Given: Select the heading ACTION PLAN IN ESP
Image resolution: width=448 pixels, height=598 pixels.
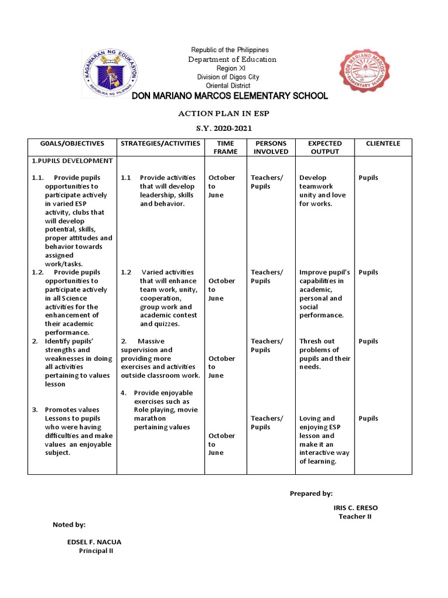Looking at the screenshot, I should pyautogui.click(x=224, y=113).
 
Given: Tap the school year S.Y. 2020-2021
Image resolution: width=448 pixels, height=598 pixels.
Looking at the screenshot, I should pyautogui.click(x=224, y=127).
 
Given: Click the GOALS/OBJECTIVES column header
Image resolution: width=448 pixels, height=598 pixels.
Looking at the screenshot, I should pyautogui.click(x=72, y=144).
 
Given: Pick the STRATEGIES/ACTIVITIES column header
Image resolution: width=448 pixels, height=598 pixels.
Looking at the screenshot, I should pyautogui.click(x=160, y=144).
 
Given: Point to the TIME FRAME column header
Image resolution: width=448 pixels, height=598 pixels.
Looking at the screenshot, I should pyautogui.click(x=225, y=147).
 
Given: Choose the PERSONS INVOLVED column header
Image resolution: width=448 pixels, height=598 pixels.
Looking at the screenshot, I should pyautogui.click(x=271, y=147).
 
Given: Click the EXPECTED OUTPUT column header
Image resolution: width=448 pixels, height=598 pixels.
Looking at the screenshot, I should pyautogui.click(x=324, y=147).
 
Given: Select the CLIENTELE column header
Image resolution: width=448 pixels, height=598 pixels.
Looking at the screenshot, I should pyautogui.click(x=383, y=144).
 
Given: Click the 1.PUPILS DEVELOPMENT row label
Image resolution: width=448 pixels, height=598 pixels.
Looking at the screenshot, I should pyautogui.click(x=72, y=161).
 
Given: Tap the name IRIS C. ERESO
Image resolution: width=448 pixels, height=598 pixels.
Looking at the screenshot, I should pyautogui.click(x=355, y=508).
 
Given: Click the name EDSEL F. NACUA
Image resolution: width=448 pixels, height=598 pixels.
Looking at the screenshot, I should pyautogui.click(x=94, y=542).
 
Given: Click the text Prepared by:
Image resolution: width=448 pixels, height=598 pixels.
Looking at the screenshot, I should pyautogui.click(x=311, y=493).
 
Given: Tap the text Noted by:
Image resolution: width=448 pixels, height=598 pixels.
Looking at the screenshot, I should pyautogui.click(x=69, y=525).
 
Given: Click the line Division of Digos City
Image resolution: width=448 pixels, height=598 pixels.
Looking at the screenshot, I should pyautogui.click(x=228, y=77).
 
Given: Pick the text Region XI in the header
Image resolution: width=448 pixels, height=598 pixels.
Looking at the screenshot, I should pyautogui.click(x=228, y=68).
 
